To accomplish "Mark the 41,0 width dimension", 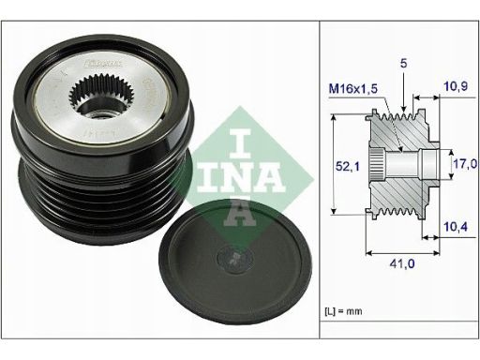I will coord(401,265).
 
